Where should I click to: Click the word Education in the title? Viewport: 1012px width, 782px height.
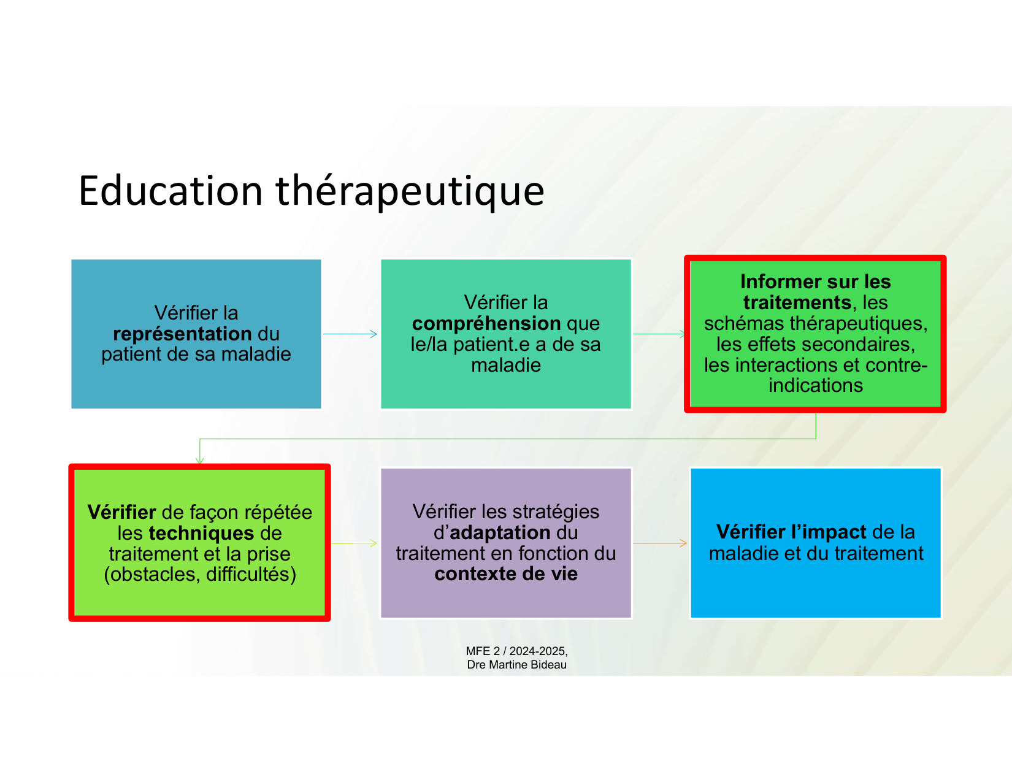(171, 191)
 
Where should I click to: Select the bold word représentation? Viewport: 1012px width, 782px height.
(182, 334)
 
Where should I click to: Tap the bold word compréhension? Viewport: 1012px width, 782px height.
(486, 324)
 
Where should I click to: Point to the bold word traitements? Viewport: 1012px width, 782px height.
(797, 303)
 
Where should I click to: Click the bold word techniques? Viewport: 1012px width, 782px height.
(202, 533)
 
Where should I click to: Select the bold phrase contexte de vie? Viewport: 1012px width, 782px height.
(506, 574)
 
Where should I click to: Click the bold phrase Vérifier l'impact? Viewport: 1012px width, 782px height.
(791, 532)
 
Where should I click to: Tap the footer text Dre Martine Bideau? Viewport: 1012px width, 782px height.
(516, 665)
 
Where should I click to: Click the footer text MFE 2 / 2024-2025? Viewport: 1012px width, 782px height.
(516, 651)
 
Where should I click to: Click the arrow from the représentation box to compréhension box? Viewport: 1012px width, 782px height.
(350, 334)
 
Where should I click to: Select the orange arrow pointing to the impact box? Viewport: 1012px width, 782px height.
(660, 543)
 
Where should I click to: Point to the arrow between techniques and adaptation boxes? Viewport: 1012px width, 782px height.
(354, 543)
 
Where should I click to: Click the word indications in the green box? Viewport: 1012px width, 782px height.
(816, 386)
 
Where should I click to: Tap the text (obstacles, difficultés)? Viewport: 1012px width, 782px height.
(200, 574)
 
